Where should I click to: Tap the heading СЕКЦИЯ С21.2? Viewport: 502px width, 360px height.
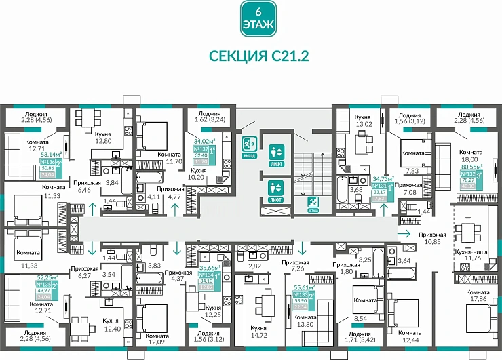258,56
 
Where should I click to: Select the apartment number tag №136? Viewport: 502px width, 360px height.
48,163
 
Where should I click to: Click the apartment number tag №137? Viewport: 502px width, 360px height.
201,149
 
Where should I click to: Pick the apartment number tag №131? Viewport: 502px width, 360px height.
381,185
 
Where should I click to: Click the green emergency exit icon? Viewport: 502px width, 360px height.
249,144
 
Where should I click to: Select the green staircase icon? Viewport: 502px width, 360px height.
313,201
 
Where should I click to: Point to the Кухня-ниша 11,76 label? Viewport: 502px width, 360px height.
466,254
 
